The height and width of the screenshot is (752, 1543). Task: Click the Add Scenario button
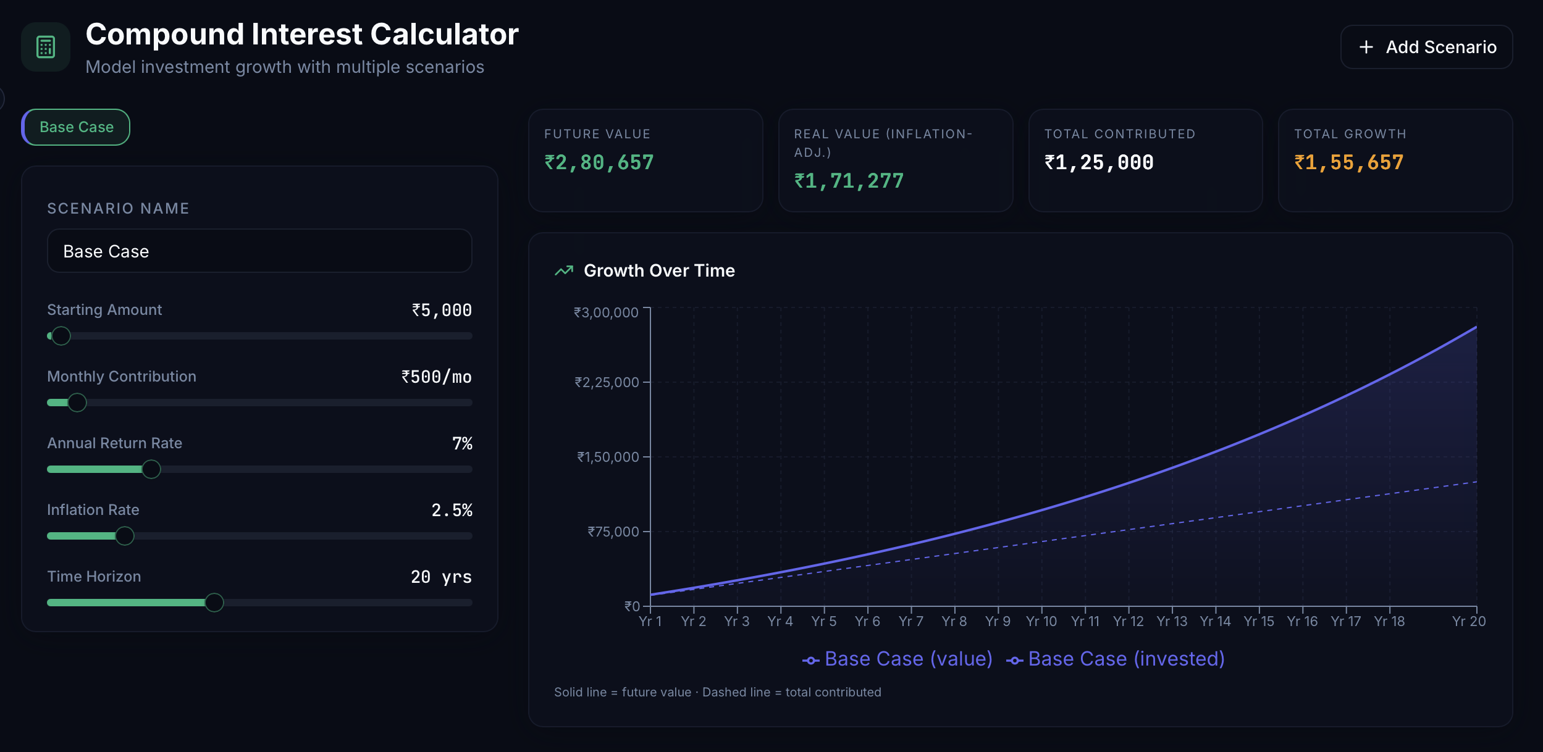(x=1426, y=47)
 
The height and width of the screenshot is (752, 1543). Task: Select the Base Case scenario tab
(x=76, y=127)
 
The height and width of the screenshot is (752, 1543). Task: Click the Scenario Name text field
(x=259, y=251)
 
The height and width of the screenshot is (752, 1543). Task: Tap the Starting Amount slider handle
(x=61, y=336)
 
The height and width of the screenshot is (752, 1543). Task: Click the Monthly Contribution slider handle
(x=77, y=403)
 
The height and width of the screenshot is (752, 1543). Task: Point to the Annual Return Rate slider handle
(x=151, y=469)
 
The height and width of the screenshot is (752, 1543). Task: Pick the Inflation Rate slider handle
(x=125, y=536)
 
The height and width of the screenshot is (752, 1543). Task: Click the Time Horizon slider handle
(x=214, y=603)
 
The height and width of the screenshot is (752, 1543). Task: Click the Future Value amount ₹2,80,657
(x=599, y=162)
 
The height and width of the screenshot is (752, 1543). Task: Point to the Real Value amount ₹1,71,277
(x=849, y=181)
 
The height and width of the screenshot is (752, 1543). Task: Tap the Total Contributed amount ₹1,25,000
(x=1099, y=162)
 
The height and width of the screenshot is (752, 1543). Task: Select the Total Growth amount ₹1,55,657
(x=1349, y=162)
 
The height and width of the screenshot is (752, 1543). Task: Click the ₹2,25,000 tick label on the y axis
(x=607, y=382)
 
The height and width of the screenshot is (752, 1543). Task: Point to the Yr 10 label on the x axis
(x=1041, y=621)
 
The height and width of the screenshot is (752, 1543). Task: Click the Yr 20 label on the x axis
(x=1468, y=621)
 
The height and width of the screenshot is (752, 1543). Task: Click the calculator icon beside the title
(x=46, y=47)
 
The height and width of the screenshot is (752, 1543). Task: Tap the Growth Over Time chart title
(x=659, y=270)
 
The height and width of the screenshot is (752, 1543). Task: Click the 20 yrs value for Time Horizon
(x=441, y=577)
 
